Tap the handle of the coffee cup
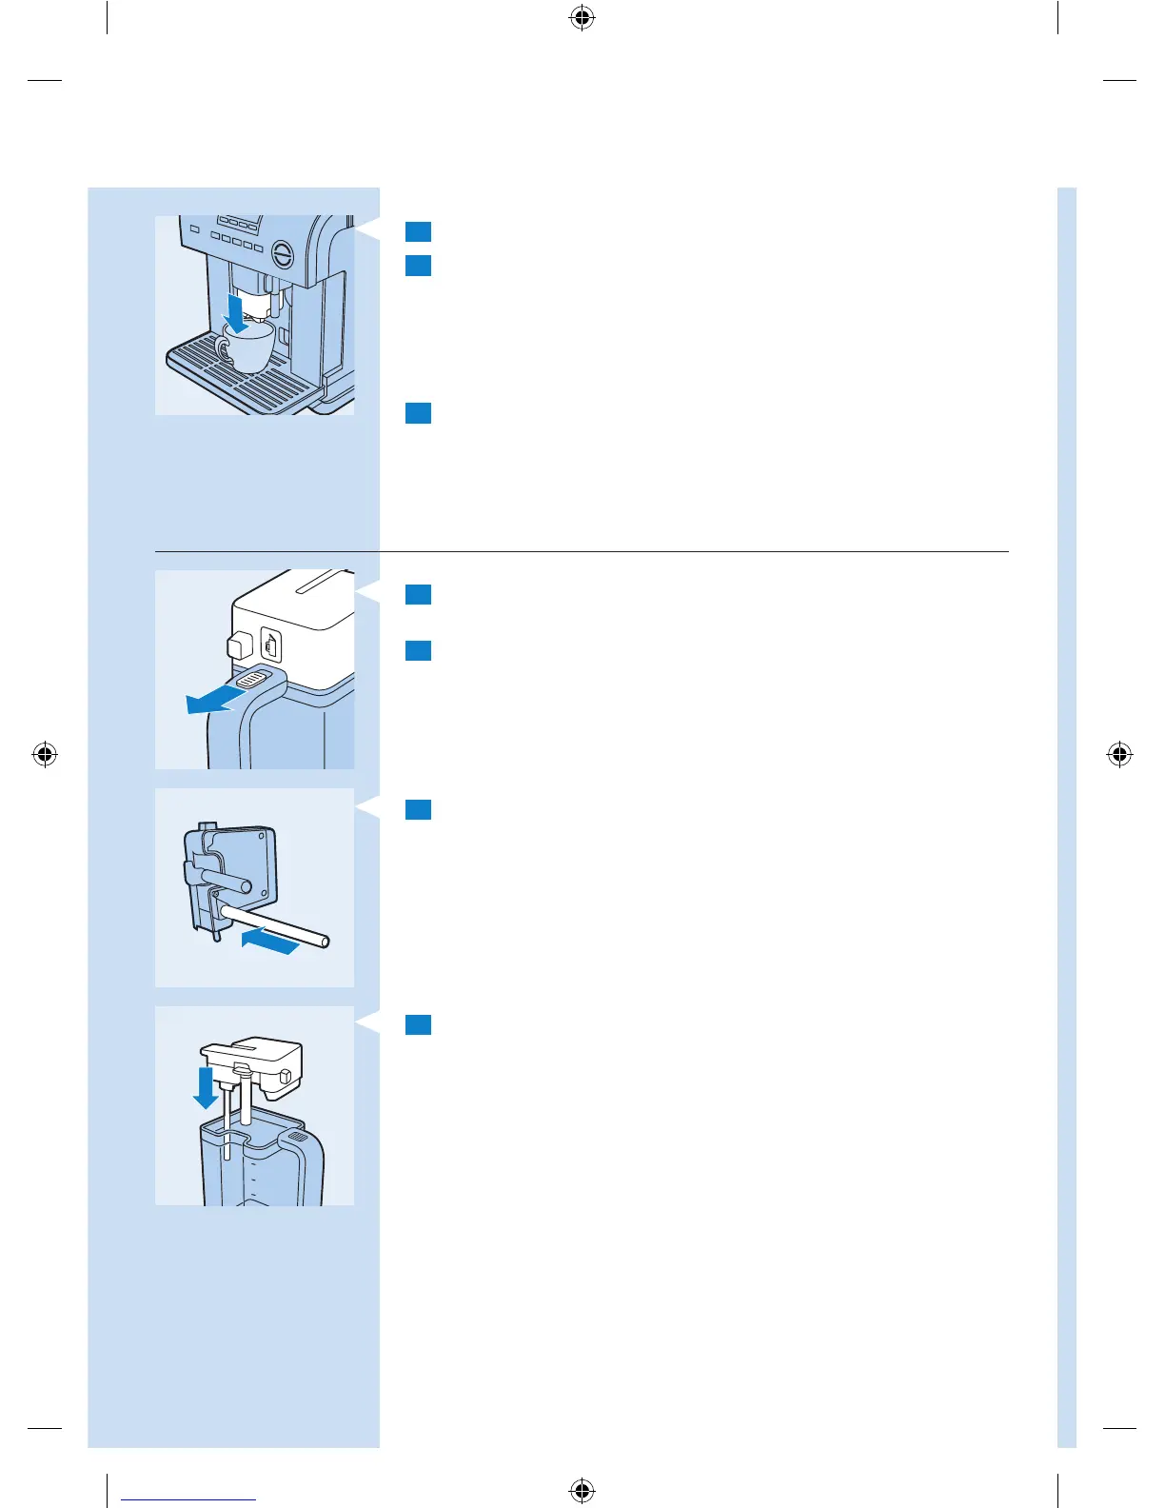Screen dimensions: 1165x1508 [222, 349]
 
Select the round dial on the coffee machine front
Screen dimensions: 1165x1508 [284, 254]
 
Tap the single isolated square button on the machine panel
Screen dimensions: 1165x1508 [194, 229]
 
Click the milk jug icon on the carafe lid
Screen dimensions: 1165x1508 [271, 647]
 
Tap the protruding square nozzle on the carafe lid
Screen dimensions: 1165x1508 [237, 645]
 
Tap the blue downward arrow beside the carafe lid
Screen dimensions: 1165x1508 [205, 1088]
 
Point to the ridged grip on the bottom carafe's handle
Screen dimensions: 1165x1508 [297, 1137]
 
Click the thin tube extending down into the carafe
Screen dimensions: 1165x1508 [227, 1123]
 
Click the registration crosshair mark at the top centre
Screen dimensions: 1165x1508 [582, 18]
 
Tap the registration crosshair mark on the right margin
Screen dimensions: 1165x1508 [1120, 755]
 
